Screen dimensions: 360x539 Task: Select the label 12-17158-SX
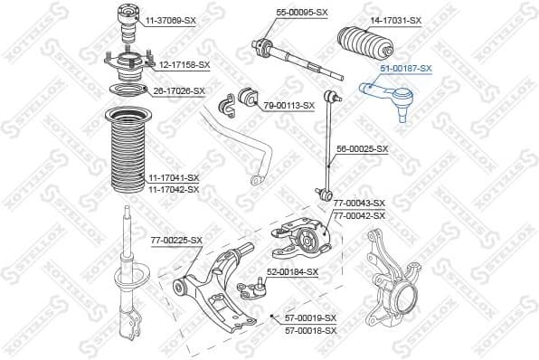184,64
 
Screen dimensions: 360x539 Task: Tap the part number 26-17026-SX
178,90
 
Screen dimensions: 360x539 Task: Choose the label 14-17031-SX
394,19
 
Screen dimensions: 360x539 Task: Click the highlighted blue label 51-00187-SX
405,68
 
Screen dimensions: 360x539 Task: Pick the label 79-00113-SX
288,105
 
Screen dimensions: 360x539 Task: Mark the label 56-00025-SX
362,148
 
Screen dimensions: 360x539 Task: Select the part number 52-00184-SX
292,271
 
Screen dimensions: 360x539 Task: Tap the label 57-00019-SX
309,318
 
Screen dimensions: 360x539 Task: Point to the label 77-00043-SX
359,203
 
